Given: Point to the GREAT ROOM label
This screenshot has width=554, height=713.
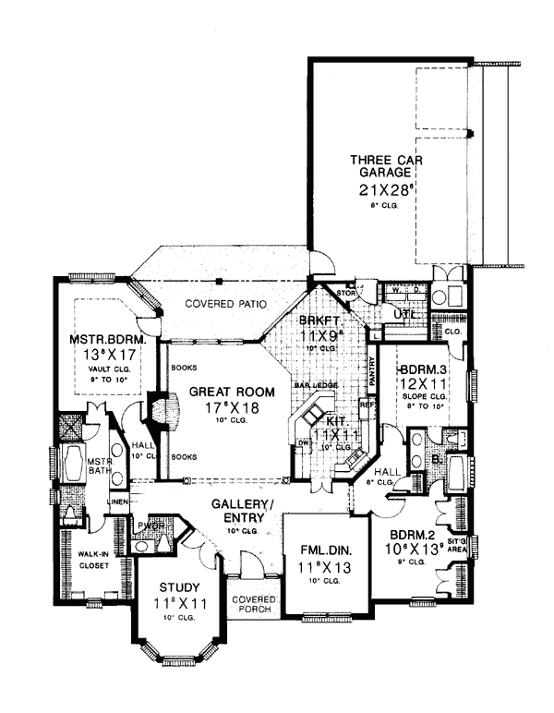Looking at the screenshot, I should coord(222,392).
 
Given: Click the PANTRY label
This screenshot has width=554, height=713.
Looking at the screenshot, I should coord(373,369).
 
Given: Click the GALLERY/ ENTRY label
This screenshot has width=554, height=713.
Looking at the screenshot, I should coord(239,510).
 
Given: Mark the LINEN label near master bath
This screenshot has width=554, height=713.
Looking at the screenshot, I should coord(117,502).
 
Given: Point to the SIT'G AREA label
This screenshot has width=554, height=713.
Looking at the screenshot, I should coord(456,546).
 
